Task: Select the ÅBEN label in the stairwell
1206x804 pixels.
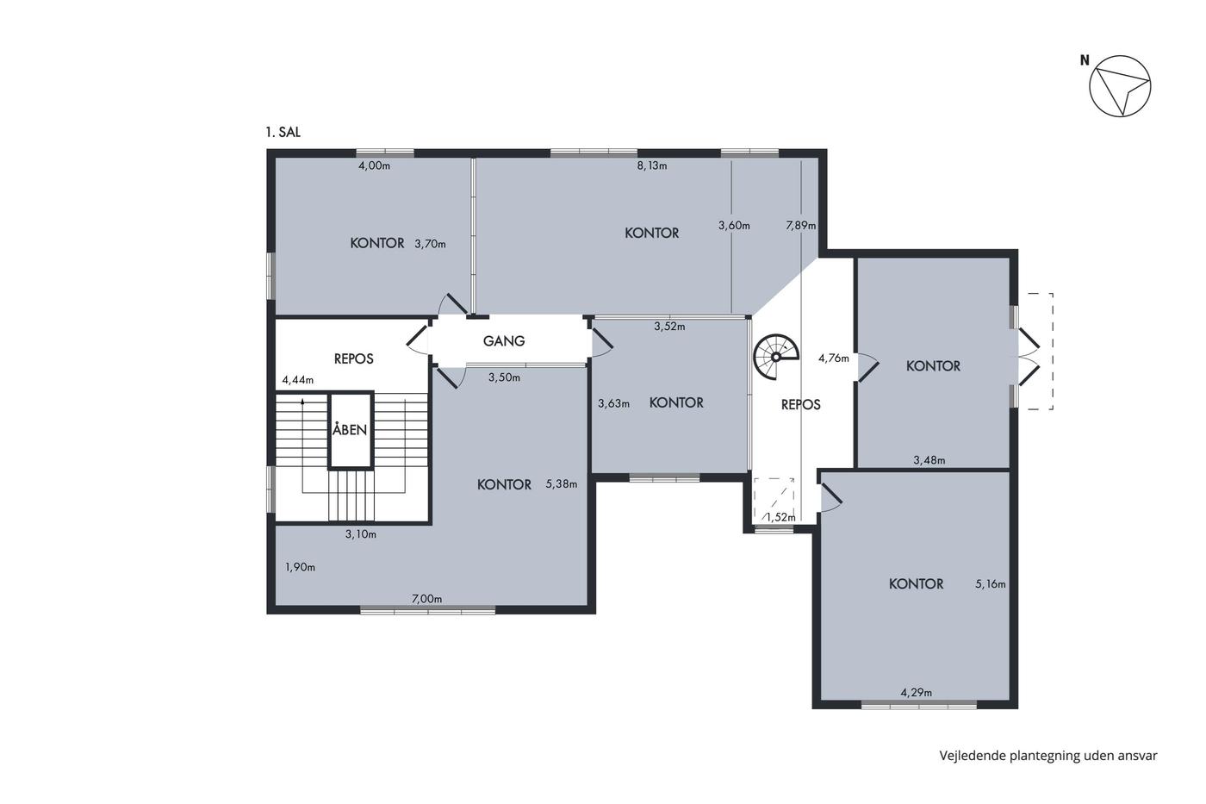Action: [350, 429]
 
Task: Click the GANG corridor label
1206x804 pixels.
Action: [504, 340]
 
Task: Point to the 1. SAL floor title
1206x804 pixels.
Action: [283, 132]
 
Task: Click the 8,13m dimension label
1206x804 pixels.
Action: [652, 165]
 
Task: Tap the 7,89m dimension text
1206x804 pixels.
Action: [800, 226]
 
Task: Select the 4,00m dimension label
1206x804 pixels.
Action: [374, 165]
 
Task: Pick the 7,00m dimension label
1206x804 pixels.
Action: [426, 599]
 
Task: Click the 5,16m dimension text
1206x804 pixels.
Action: [991, 583]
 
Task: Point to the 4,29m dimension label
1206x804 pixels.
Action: [917, 693]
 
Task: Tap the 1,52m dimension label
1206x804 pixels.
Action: [780, 518]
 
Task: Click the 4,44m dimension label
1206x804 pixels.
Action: [298, 380]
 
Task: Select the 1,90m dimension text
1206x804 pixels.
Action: [300, 567]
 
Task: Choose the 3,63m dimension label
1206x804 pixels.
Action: [613, 403]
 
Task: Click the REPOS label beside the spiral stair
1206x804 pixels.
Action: [800, 404]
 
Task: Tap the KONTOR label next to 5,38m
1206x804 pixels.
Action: [505, 484]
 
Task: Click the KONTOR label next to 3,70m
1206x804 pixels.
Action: [377, 243]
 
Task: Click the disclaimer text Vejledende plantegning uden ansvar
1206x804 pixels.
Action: [1048, 756]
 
